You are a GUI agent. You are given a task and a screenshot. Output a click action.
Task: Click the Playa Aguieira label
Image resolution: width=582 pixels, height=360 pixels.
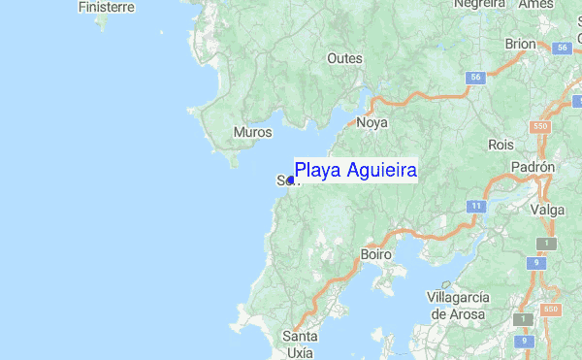[x=355, y=172]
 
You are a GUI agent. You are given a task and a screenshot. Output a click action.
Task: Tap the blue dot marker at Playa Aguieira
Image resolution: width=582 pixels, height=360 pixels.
[x=291, y=180]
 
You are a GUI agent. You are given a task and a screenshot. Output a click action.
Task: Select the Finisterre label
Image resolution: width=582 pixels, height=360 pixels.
[x=106, y=7]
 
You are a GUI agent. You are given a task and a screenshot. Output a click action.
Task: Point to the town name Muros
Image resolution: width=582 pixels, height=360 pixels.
[x=252, y=132]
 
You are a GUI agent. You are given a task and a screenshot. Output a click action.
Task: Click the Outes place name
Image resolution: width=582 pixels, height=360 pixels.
[x=344, y=59]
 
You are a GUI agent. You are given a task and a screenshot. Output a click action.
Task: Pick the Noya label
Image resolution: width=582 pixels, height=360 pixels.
[x=372, y=122]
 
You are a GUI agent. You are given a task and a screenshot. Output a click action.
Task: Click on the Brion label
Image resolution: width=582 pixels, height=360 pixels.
[x=520, y=44]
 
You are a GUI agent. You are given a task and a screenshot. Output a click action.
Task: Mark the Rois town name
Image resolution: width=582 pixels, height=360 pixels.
[x=501, y=144]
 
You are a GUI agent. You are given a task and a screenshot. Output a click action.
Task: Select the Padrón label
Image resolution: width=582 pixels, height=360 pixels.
[x=533, y=167]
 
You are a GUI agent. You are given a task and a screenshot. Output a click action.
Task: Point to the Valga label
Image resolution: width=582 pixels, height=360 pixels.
[x=547, y=209]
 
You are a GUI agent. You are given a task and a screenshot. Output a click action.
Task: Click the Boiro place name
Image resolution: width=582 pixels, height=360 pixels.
[x=375, y=254]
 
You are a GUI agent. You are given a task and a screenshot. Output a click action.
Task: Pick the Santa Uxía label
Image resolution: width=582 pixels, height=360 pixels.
[x=300, y=344]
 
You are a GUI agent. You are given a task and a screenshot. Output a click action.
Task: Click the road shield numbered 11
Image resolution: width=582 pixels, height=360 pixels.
[x=475, y=206]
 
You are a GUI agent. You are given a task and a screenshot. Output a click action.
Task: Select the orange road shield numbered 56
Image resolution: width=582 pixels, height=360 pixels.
[x=473, y=77]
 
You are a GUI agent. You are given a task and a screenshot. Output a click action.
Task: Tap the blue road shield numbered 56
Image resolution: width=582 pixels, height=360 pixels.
[x=560, y=48]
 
